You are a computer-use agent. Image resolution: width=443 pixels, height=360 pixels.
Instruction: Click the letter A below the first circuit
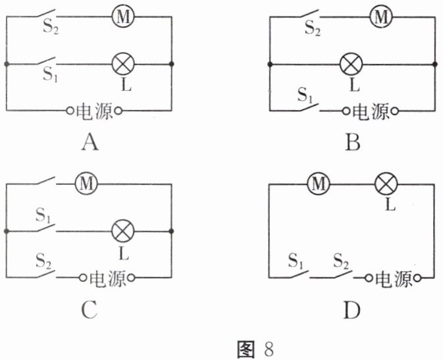(90, 141)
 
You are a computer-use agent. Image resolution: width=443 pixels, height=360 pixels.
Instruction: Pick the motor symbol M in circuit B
(378, 16)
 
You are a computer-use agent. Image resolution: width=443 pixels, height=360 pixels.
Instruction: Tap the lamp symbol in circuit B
(351, 64)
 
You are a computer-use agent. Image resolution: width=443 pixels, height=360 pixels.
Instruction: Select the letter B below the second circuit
(353, 141)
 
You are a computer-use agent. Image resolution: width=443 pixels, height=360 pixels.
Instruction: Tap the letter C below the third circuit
(90, 309)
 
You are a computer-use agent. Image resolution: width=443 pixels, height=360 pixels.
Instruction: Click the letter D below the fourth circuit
(353, 309)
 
